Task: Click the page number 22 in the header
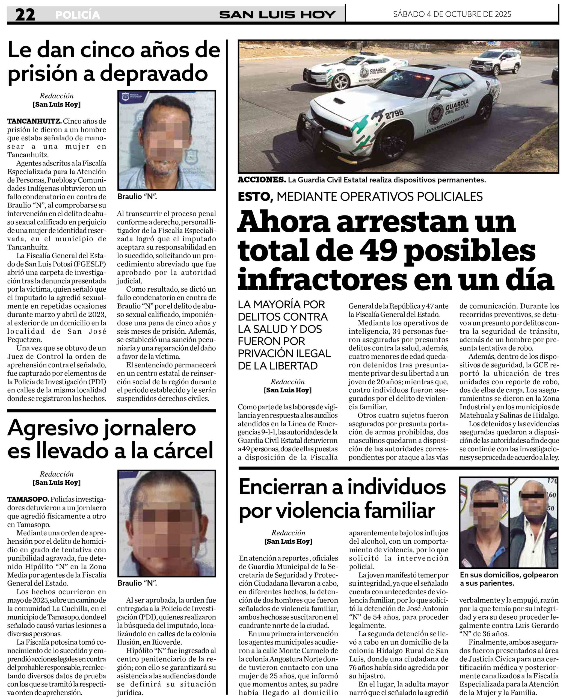tap(25, 15)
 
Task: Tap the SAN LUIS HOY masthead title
tap(277, 15)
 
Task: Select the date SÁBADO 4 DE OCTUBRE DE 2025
tap(452, 14)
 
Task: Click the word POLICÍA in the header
tap(78, 15)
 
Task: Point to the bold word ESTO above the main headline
tap(255, 197)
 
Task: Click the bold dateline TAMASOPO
tap(28, 499)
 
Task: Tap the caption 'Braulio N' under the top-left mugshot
tap(137, 196)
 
